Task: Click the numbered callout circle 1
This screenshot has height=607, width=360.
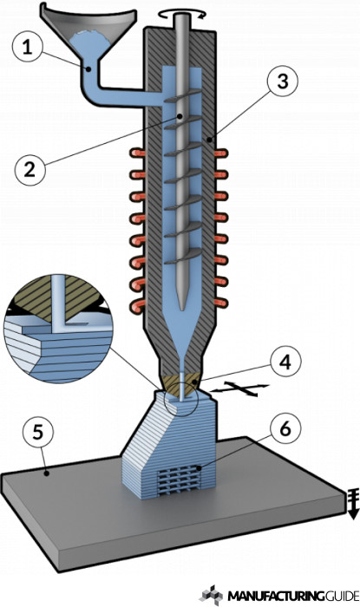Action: coord(27,48)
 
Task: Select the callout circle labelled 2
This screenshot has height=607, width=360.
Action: coord(29,169)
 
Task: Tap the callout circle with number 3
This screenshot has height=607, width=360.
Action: coord(283,82)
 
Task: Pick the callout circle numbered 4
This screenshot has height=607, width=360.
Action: coord(285,362)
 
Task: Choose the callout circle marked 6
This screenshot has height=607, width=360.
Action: coord(285,429)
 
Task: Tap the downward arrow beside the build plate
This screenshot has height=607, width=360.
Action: coord(353,503)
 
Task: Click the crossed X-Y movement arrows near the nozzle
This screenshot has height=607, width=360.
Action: coord(240,388)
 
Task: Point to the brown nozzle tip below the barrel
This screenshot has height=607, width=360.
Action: coord(181,383)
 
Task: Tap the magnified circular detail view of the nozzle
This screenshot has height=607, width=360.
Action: coord(58,329)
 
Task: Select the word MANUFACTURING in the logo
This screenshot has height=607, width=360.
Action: coord(276,595)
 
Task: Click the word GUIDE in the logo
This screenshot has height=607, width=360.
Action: coord(342,595)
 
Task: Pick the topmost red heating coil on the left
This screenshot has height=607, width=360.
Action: coord(137,153)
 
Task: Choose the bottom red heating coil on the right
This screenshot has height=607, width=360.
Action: coord(221,303)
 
